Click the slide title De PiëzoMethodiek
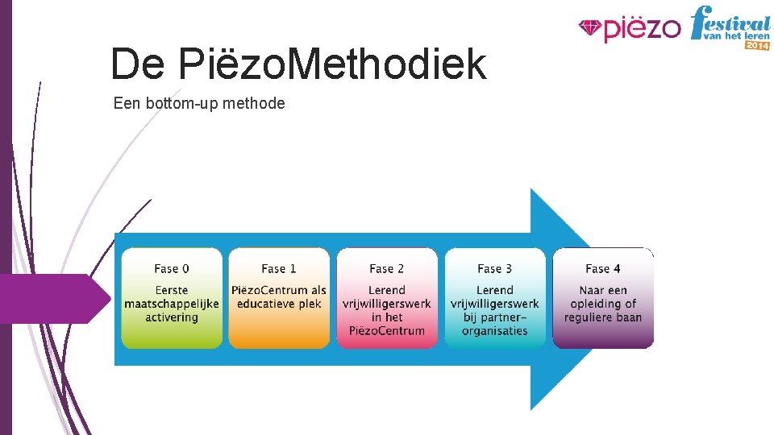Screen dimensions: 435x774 tap(298, 64)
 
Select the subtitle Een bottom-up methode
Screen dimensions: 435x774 tap(199, 103)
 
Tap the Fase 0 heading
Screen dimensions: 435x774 tap(172, 269)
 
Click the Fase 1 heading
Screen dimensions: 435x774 tap(279, 269)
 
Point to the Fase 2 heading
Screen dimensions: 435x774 tap(387, 269)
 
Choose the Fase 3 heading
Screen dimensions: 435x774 tap(494, 269)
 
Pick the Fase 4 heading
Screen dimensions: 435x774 tap(603, 269)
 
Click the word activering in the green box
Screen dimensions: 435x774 tap(172, 317)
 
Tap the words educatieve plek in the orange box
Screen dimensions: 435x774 tap(279, 304)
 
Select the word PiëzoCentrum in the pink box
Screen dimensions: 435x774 tap(387, 331)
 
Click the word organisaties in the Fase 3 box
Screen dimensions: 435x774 tap(494, 331)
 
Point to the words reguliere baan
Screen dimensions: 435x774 tap(603, 317)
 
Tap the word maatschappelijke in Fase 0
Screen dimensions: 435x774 tap(172, 304)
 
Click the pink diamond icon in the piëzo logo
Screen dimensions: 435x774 tap(590, 29)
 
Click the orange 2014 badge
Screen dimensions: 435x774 tap(757, 45)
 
